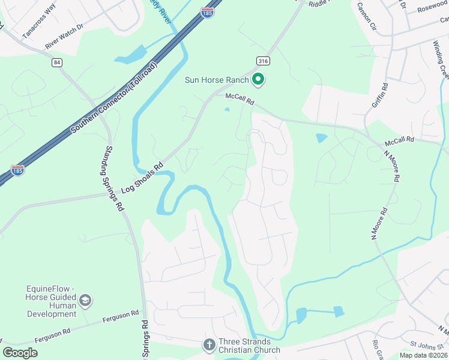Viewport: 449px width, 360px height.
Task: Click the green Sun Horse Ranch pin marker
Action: (259, 79)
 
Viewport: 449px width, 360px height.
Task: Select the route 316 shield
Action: (262, 61)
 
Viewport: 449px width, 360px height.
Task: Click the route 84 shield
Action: (56, 62)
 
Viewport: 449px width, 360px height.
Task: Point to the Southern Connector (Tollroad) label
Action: (113, 97)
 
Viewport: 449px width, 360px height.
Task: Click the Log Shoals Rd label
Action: (142, 178)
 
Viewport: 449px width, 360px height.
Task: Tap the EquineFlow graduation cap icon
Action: (85, 300)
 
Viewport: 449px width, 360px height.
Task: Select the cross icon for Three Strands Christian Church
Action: (209, 344)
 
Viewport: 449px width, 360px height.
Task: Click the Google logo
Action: (20, 353)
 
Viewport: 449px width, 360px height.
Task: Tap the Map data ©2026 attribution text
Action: (423, 355)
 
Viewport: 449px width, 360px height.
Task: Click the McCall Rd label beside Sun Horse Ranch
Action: (240, 99)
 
